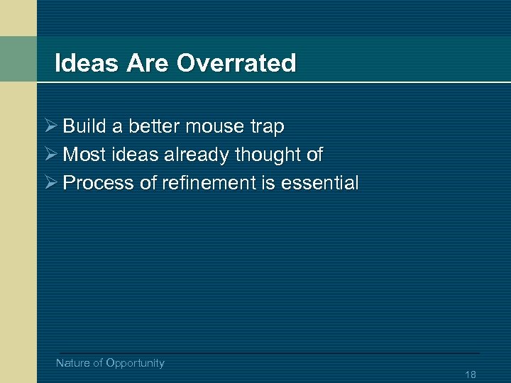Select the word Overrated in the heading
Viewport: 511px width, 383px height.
point(236,63)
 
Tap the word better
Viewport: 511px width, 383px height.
point(154,127)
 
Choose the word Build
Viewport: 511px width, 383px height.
point(82,126)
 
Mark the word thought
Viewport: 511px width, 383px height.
point(268,155)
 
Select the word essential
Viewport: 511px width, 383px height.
point(320,183)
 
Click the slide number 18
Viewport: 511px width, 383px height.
point(471,374)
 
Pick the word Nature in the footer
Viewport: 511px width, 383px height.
point(73,363)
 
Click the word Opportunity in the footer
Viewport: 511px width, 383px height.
point(135,363)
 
